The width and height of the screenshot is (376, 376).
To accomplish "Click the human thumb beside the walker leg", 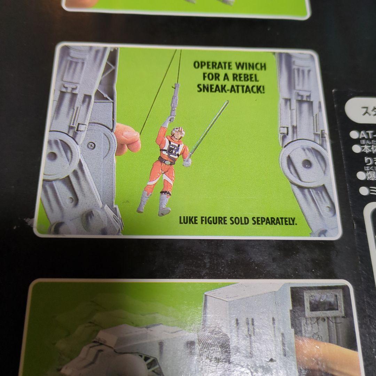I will click(x=127, y=139).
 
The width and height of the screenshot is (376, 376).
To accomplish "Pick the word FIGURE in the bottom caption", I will click(x=216, y=221).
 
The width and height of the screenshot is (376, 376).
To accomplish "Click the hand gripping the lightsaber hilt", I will click(x=187, y=162).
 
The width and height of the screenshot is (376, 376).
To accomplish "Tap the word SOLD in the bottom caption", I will click(x=238, y=221).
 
